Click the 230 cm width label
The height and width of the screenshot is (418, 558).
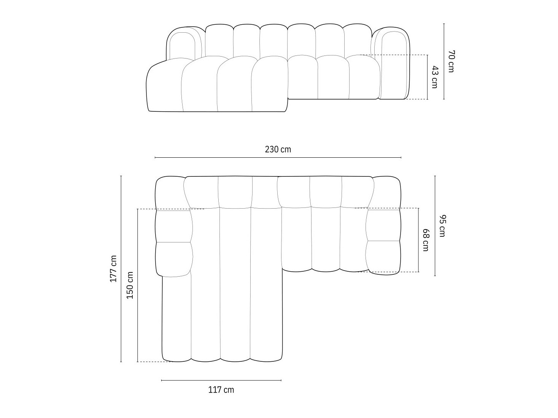[x=278, y=149]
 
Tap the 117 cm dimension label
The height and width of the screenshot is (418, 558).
[x=221, y=390]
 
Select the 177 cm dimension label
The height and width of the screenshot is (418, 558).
[x=113, y=268]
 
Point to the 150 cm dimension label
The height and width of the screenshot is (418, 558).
[x=130, y=285]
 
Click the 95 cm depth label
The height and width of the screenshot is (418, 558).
[x=442, y=226]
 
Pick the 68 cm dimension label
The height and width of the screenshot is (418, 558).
[x=426, y=240]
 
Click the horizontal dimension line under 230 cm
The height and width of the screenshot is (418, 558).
[x=278, y=157]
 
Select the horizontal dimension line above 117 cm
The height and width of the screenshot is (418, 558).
[x=221, y=380]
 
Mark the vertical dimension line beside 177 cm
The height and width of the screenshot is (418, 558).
[x=121, y=268]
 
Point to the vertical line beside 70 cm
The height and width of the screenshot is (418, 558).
[x=444, y=61]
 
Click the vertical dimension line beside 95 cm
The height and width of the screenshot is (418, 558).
[x=435, y=226]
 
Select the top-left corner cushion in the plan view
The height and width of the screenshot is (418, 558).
[x=170, y=192]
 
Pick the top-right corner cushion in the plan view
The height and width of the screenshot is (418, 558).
[x=386, y=192]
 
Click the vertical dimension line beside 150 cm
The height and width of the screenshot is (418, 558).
[x=138, y=285]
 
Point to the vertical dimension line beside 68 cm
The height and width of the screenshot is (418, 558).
[x=419, y=240]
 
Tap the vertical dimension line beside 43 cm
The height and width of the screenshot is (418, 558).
[x=428, y=77]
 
